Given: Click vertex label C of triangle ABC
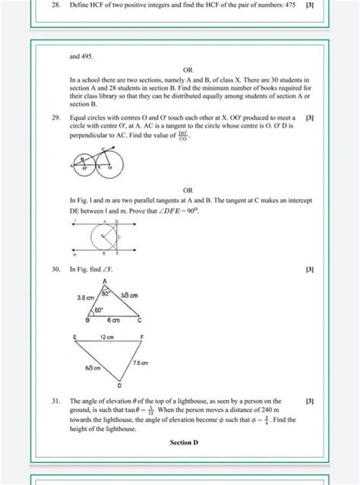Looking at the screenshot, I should click(x=141, y=322).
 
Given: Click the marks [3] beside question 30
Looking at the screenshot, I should click(x=308, y=269).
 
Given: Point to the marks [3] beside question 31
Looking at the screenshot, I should click(x=308, y=400).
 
